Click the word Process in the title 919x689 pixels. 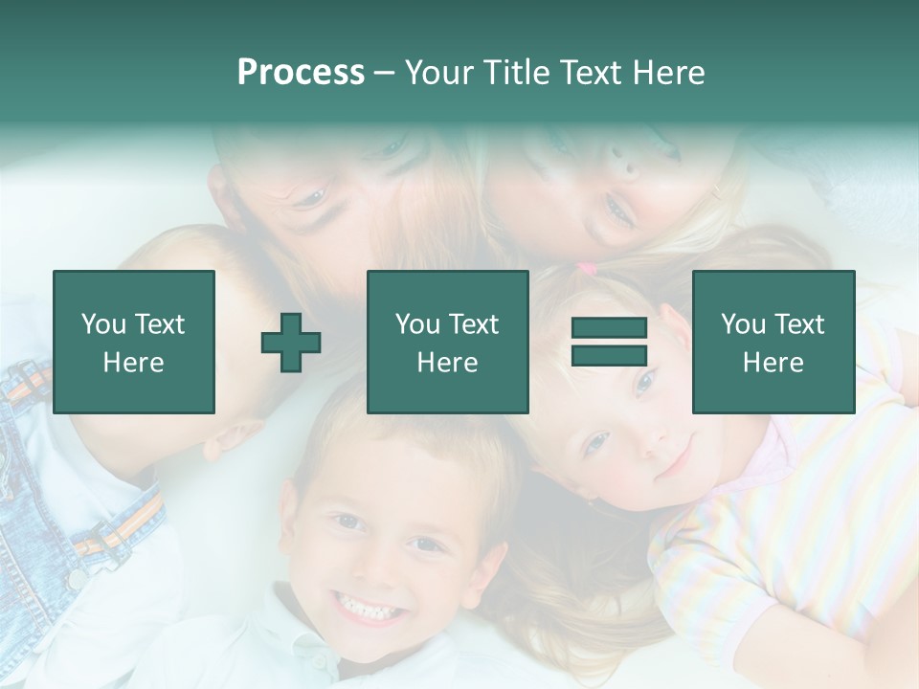[301, 73]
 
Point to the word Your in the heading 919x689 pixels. [440, 73]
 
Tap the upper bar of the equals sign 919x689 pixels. [610, 328]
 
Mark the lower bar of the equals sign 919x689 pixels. [610, 355]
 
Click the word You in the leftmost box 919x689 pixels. [102, 324]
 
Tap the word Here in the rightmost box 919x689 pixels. [773, 363]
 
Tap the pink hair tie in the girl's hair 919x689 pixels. [585, 270]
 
